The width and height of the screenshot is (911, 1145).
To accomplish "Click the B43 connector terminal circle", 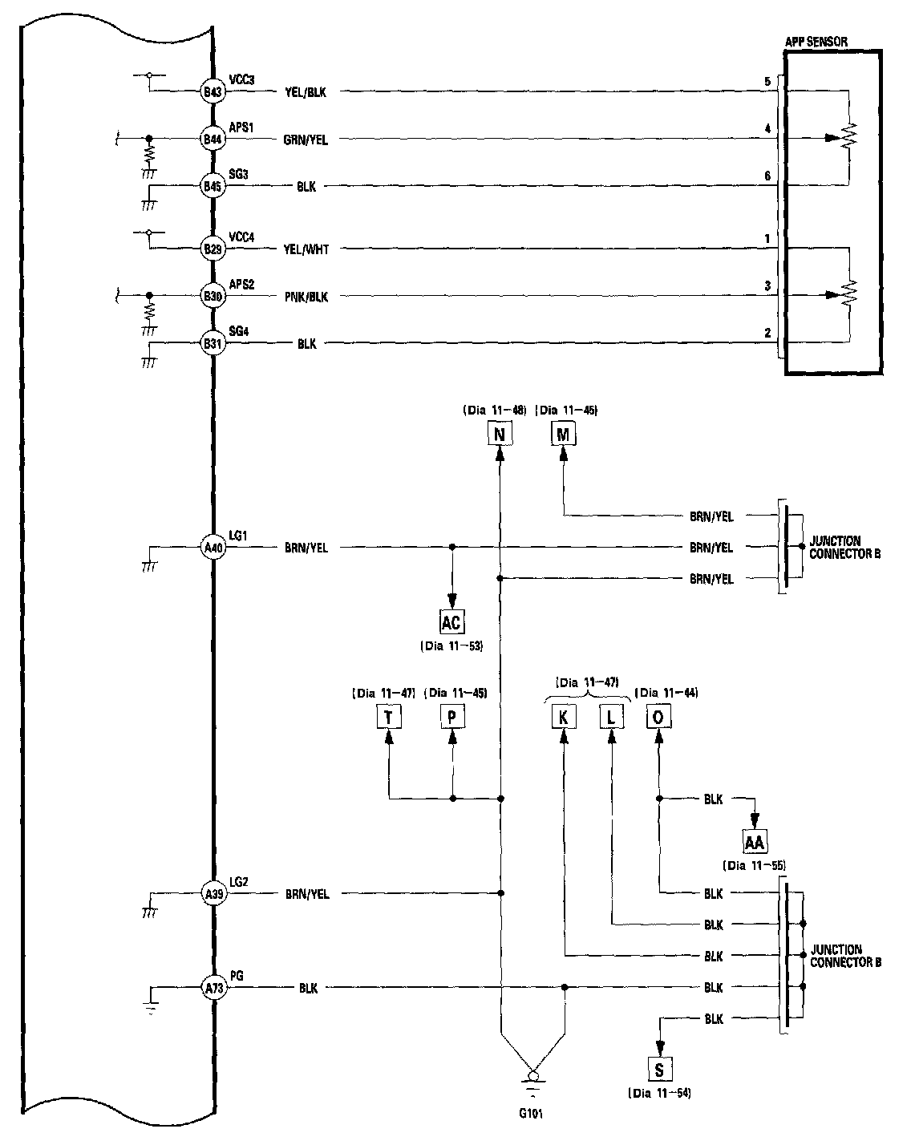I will [x=212, y=92].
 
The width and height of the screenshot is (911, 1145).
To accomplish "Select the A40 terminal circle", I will [x=213, y=548].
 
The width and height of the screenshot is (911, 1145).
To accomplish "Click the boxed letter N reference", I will [x=500, y=435].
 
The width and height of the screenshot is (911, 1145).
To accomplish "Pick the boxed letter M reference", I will [x=563, y=435].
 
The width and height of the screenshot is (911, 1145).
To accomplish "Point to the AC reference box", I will [x=451, y=621].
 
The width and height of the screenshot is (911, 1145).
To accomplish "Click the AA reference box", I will [x=754, y=842].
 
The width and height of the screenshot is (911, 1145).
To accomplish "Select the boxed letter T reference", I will [x=389, y=717].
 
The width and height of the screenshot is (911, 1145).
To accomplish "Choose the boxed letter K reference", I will [x=564, y=717].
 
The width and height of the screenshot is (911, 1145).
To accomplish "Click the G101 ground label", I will [x=531, y=1113].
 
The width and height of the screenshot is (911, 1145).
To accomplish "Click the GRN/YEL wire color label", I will [x=306, y=140].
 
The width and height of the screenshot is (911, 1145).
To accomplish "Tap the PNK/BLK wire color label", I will [x=306, y=297].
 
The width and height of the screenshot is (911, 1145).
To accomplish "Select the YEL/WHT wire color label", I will [x=306, y=249].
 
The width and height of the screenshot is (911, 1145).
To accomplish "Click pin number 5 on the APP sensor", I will [x=767, y=82].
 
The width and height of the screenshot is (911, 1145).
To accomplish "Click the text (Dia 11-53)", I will [x=451, y=645].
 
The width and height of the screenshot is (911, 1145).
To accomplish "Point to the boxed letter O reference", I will [x=658, y=717].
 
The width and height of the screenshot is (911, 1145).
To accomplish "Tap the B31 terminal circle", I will [x=213, y=344].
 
